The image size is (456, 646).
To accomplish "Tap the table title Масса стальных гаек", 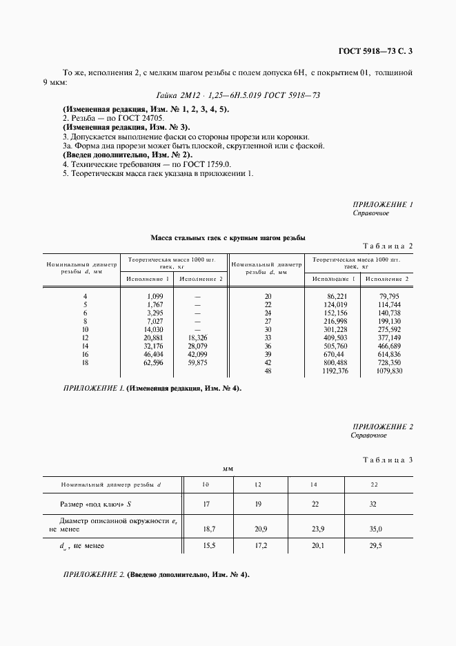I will pyautogui.click(x=228, y=237).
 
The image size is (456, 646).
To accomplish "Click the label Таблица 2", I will pyautogui.click(x=387, y=246).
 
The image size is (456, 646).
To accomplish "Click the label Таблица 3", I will pyautogui.click(x=387, y=460).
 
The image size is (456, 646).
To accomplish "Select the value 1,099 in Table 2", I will pyautogui.click(x=154, y=296).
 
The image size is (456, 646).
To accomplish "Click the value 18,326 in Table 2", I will pyautogui.click(x=197, y=337).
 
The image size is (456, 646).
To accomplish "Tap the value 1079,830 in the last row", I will pyautogui.click(x=387, y=371).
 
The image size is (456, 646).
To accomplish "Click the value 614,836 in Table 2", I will pyautogui.click(x=388, y=355).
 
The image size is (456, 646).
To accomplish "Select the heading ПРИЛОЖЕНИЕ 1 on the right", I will pyautogui.click(x=382, y=205).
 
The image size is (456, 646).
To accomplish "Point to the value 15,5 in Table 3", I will pyautogui.click(x=205, y=546).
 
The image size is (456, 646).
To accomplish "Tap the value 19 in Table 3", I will pyautogui.click(x=258, y=505).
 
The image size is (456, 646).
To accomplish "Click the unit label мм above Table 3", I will pyautogui.click(x=228, y=469).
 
